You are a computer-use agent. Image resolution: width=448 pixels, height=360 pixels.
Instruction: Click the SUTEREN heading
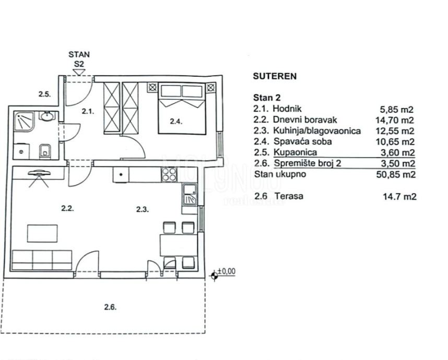click(x=275, y=76)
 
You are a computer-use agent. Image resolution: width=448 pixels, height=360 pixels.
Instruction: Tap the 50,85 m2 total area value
click(x=396, y=174)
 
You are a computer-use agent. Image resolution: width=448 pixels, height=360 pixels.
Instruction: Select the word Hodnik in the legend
click(x=287, y=109)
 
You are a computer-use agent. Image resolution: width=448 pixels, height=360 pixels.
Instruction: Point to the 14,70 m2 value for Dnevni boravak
click(x=395, y=120)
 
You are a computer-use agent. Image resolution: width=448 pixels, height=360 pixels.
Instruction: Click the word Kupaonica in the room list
click(x=295, y=152)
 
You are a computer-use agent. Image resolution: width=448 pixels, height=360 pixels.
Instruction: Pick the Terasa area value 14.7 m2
click(x=399, y=196)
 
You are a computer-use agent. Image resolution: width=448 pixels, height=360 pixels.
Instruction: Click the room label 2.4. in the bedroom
click(x=176, y=122)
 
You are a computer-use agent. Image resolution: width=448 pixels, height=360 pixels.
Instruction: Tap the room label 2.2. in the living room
click(x=67, y=208)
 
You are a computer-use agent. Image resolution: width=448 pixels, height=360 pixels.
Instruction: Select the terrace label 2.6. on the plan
click(x=110, y=307)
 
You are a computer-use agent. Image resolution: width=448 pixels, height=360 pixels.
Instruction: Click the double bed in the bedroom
click(x=182, y=109)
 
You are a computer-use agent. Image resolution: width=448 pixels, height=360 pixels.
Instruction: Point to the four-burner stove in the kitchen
click(x=169, y=174)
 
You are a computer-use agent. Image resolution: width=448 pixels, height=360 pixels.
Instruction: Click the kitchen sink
click(x=190, y=195)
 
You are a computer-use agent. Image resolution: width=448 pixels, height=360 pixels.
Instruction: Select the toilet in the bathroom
click(x=45, y=151)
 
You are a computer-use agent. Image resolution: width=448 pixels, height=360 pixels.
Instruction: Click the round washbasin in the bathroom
click(x=47, y=116)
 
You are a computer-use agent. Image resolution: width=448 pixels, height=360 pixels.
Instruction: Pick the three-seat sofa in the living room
click(x=42, y=260)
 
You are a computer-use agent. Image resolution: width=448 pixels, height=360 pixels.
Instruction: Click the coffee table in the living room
click(x=42, y=234)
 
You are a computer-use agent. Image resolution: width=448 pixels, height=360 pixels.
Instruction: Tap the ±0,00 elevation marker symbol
click(x=214, y=276)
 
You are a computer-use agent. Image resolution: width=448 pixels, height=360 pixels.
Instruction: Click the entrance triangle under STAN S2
click(x=79, y=72)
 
